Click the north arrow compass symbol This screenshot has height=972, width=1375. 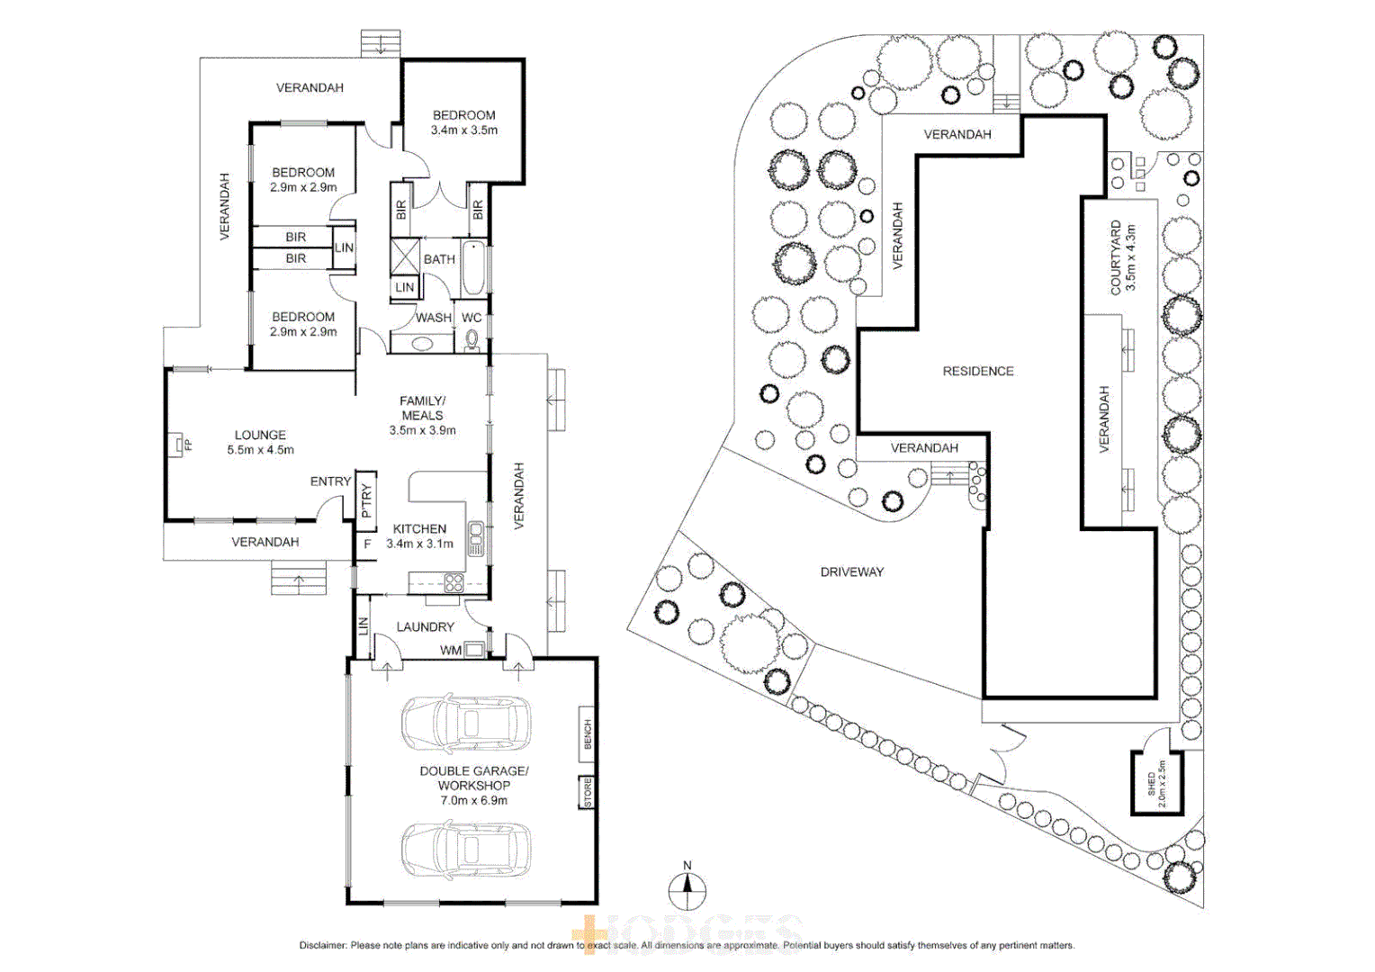pyautogui.click(x=687, y=891)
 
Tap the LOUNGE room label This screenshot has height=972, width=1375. pyautogui.click(x=260, y=435)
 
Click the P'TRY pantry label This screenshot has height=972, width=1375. pyautogui.click(x=366, y=501)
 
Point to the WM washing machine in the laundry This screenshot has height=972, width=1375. pyautogui.click(x=473, y=650)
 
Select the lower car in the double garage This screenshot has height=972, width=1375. pyautogui.click(x=466, y=850)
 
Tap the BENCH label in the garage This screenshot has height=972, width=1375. pyautogui.click(x=588, y=733)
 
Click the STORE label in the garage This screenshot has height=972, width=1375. pyautogui.click(x=588, y=792)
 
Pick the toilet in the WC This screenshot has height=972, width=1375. pyautogui.click(x=472, y=340)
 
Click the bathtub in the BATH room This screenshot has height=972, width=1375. pyautogui.click(x=473, y=268)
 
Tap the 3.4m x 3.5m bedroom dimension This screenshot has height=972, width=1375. pyautogui.click(x=464, y=130)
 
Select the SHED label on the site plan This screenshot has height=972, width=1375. pyautogui.click(x=1151, y=783)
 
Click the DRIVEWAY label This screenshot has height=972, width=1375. pyautogui.click(x=851, y=571)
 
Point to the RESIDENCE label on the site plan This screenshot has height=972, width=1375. pyautogui.click(x=978, y=371)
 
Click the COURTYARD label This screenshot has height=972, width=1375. pyautogui.click(x=1116, y=257)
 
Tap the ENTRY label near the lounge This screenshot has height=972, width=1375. pyautogui.click(x=330, y=481)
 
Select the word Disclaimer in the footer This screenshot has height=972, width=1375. pyautogui.click(x=322, y=945)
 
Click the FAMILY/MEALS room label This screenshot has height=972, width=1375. pyautogui.click(x=422, y=408)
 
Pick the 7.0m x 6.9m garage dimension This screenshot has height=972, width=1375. pyautogui.click(x=473, y=800)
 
